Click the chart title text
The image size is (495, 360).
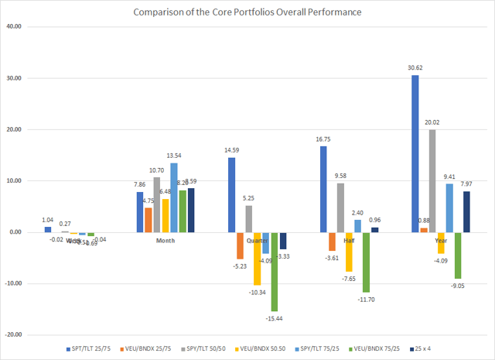click(x=247, y=12)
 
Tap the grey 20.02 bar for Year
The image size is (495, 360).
click(x=432, y=180)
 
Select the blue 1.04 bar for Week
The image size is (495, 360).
click(x=48, y=229)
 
